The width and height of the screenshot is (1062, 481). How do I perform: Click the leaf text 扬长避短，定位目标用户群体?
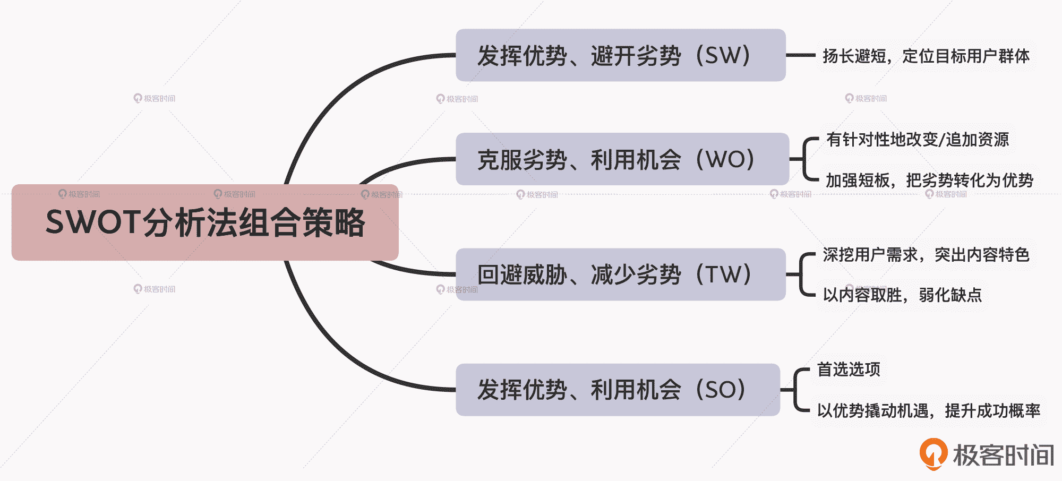click(x=926, y=56)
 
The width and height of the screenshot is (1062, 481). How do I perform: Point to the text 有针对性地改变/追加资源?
click(x=917, y=139)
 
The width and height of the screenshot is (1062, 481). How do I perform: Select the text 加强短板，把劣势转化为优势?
click(x=929, y=181)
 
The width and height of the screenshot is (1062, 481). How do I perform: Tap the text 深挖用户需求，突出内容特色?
click(x=926, y=255)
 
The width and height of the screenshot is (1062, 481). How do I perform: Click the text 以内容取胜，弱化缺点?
click(x=902, y=295)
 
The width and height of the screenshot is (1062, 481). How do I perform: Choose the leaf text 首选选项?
click(x=848, y=369)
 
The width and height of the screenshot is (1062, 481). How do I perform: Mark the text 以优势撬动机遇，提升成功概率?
click(x=928, y=410)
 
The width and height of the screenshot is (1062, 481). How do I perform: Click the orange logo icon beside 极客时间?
click(x=933, y=453)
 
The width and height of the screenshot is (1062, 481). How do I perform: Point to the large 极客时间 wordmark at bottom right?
click(x=1003, y=455)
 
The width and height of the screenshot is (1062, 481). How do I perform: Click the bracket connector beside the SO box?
click(x=798, y=390)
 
